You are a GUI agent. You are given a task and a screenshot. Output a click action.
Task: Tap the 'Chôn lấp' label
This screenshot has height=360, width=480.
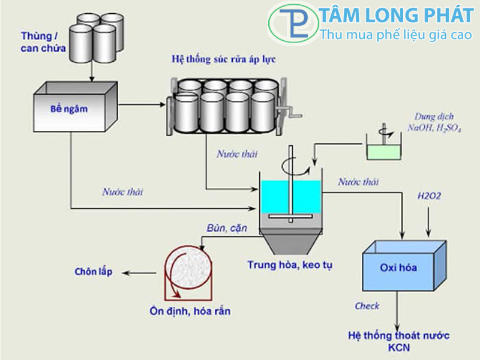coord(93,272)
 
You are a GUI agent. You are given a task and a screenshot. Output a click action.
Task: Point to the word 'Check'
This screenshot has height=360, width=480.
coord(367,306)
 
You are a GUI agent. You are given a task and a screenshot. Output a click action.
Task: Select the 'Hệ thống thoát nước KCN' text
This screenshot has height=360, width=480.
coord(398,340)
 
